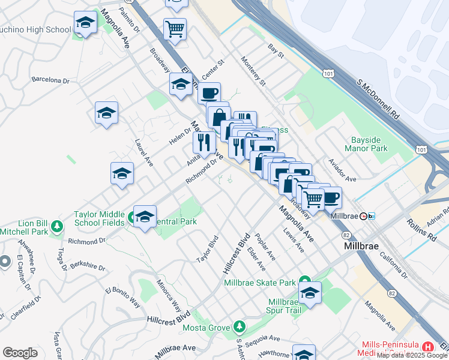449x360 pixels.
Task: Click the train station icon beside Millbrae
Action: [372, 216]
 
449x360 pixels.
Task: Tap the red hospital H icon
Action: [427, 347]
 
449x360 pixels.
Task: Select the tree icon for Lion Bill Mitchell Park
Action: [57, 226]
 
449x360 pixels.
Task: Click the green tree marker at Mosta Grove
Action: [240, 326]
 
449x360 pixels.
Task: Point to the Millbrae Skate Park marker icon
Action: [304, 283]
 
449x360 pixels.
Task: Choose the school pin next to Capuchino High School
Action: [86, 24]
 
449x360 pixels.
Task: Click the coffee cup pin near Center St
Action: [209, 94]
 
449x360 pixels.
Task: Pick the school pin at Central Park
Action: [145, 217]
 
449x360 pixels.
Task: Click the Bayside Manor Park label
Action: [367, 143]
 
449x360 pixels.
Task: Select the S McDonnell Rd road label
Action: [378, 98]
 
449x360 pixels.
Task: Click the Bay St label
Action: [276, 51]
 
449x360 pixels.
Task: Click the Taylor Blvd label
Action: [207, 253]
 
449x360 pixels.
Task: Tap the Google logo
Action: [20, 353]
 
